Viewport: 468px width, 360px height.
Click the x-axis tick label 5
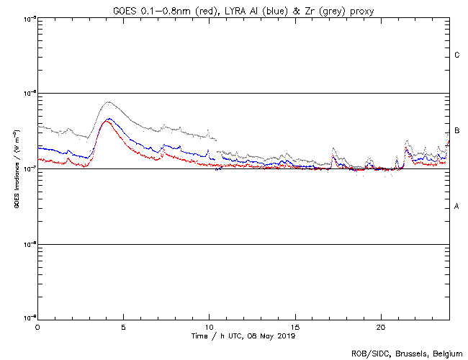tap(123, 327)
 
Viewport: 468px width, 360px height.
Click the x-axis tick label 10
tap(209, 327)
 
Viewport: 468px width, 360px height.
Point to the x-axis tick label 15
tap(294, 327)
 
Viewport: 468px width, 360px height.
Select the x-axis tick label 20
tap(380, 327)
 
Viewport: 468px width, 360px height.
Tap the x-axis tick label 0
tap(37, 327)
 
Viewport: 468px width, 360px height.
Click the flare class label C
tap(456, 55)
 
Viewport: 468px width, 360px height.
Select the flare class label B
tap(456, 131)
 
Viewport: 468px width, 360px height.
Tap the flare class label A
tap(456, 207)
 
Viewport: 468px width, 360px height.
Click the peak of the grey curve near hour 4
tap(108, 102)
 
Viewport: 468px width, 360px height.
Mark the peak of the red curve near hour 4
tap(107, 121)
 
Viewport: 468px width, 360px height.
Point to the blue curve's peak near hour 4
tap(108, 119)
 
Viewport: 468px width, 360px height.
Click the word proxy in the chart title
tap(359, 9)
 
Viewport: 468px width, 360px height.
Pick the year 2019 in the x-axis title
tap(285, 336)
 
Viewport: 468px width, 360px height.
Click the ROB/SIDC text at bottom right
tap(366, 354)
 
